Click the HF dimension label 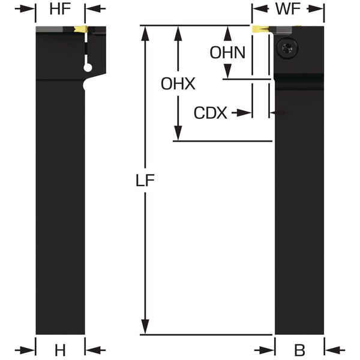tap(60, 9)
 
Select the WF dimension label tap(288, 9)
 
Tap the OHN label tap(227, 53)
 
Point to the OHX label tap(178, 83)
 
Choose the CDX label tap(211, 113)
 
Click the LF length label tap(145, 180)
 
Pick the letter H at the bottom tap(60, 350)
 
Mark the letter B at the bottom tap(299, 350)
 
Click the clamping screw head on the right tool tap(287, 49)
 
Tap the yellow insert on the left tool tap(80, 29)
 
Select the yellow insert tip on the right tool tap(259, 29)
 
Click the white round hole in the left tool tap(88, 68)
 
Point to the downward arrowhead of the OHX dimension tap(178, 133)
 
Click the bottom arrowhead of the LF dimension tap(145, 327)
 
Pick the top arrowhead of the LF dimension tap(145, 34)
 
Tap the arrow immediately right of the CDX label tap(242, 113)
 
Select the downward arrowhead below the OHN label tap(227, 71)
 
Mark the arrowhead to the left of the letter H tap(25, 350)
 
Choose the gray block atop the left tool tap(49, 29)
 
